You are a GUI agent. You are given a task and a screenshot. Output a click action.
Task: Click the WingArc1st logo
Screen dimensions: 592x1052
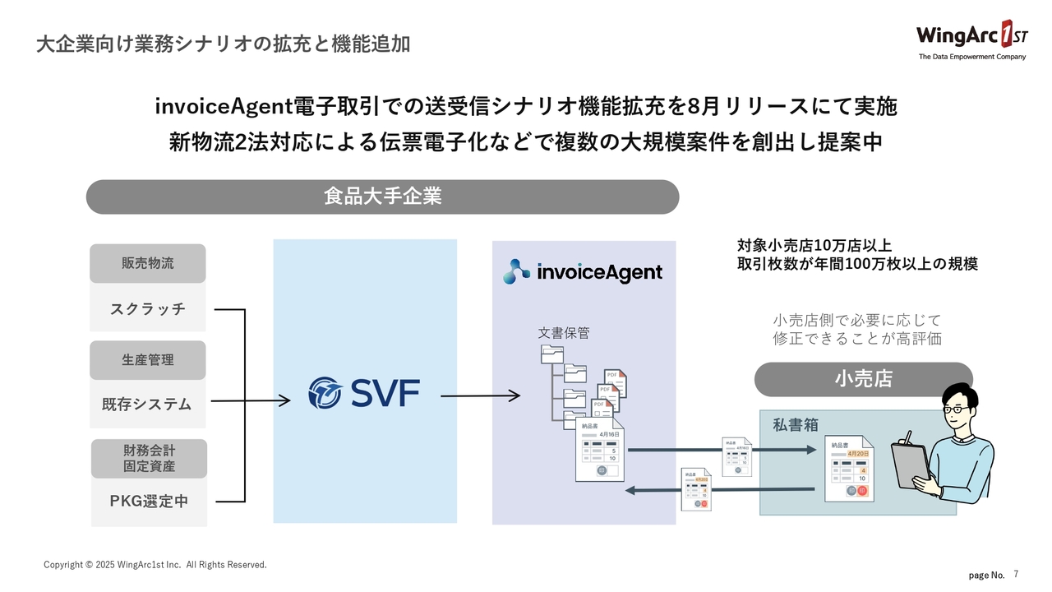[x=971, y=38]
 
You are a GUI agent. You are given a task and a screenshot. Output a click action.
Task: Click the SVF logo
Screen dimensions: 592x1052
[x=363, y=393]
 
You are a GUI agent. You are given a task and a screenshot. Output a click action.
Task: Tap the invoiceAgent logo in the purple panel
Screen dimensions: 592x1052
[x=583, y=271]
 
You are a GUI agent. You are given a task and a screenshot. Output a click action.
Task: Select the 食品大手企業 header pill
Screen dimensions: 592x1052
[x=382, y=197]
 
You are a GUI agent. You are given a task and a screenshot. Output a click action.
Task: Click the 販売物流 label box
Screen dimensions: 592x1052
[x=148, y=264]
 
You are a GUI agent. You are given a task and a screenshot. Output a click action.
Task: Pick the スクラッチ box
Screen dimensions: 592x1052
[x=148, y=309]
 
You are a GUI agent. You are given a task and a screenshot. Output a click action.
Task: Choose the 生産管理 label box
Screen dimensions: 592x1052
[x=148, y=360]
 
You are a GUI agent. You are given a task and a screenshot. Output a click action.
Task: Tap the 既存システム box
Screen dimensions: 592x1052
[x=148, y=405]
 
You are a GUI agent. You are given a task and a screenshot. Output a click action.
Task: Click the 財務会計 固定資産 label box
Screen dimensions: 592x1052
[x=149, y=458]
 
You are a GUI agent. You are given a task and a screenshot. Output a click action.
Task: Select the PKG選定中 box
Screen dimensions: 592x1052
[x=149, y=502]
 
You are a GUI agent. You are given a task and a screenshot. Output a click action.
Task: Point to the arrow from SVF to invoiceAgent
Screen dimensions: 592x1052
[x=480, y=396]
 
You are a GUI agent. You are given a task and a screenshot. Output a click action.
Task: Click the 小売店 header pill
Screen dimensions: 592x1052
[x=863, y=379]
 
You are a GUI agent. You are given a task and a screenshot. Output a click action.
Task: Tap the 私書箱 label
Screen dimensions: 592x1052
[x=795, y=425]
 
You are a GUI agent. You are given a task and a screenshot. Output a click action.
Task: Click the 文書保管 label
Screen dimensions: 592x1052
[x=564, y=333]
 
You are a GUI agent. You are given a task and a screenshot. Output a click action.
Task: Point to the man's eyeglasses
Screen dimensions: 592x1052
[x=956, y=409]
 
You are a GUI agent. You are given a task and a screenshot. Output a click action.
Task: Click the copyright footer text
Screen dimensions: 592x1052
[x=155, y=565]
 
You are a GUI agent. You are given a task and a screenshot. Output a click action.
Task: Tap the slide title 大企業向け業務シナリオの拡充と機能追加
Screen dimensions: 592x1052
[x=223, y=44]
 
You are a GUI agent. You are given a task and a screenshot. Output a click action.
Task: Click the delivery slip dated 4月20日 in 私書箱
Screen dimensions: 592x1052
[x=849, y=469]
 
